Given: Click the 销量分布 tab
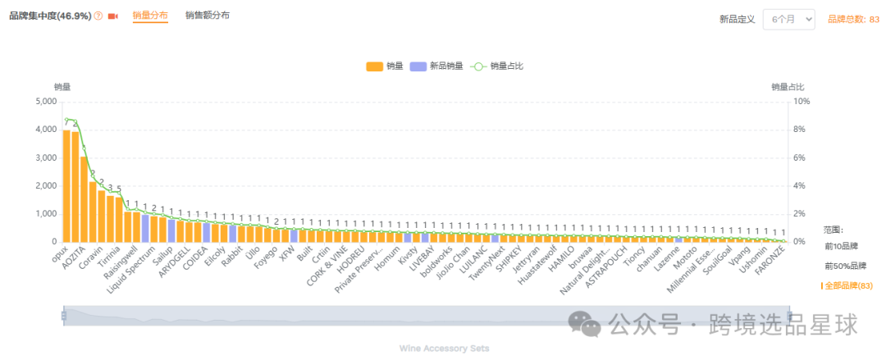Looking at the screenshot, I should (x=150, y=16).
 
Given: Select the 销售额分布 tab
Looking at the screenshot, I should (x=208, y=16).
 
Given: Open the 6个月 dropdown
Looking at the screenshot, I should (x=788, y=19).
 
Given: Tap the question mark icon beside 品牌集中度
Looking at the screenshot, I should (x=98, y=16).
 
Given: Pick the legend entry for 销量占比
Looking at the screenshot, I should (x=497, y=66).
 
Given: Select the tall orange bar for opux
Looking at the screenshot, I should (x=66, y=186).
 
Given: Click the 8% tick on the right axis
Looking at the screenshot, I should (x=802, y=130).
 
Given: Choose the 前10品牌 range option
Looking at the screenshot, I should (x=841, y=246).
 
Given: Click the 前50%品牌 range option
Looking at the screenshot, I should (x=845, y=266).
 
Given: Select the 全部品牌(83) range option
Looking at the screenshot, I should (x=849, y=285).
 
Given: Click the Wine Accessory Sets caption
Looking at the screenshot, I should (x=444, y=349).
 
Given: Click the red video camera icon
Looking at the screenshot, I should (x=113, y=16).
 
